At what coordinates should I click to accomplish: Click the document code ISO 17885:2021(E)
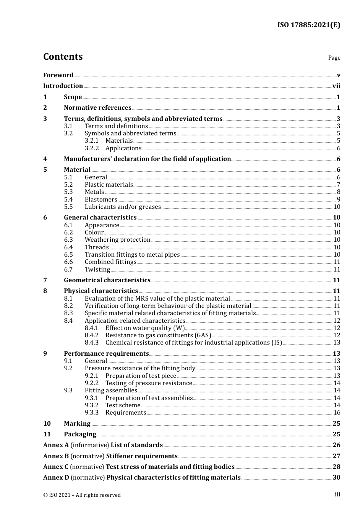308,25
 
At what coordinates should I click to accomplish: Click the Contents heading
63,57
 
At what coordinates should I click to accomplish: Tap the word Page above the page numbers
334,58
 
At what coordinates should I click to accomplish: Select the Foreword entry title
58,75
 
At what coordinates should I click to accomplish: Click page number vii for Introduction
336,86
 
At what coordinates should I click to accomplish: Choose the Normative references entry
97,108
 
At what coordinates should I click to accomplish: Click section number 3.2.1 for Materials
92,141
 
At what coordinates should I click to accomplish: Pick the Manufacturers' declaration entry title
147,159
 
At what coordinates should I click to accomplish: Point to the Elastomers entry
101,199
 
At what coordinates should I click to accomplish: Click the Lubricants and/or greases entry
123,207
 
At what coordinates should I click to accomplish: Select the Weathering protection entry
117,240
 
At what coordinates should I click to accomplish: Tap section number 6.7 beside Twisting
68,269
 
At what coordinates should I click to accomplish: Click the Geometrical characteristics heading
107,280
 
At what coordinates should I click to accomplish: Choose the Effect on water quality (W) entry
145,328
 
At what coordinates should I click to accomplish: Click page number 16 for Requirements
337,413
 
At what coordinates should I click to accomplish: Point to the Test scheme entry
123,405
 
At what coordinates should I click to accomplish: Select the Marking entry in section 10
77,424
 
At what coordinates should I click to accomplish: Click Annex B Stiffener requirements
110,456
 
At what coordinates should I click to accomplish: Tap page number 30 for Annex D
336,478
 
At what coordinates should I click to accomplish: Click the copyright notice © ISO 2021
82,495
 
